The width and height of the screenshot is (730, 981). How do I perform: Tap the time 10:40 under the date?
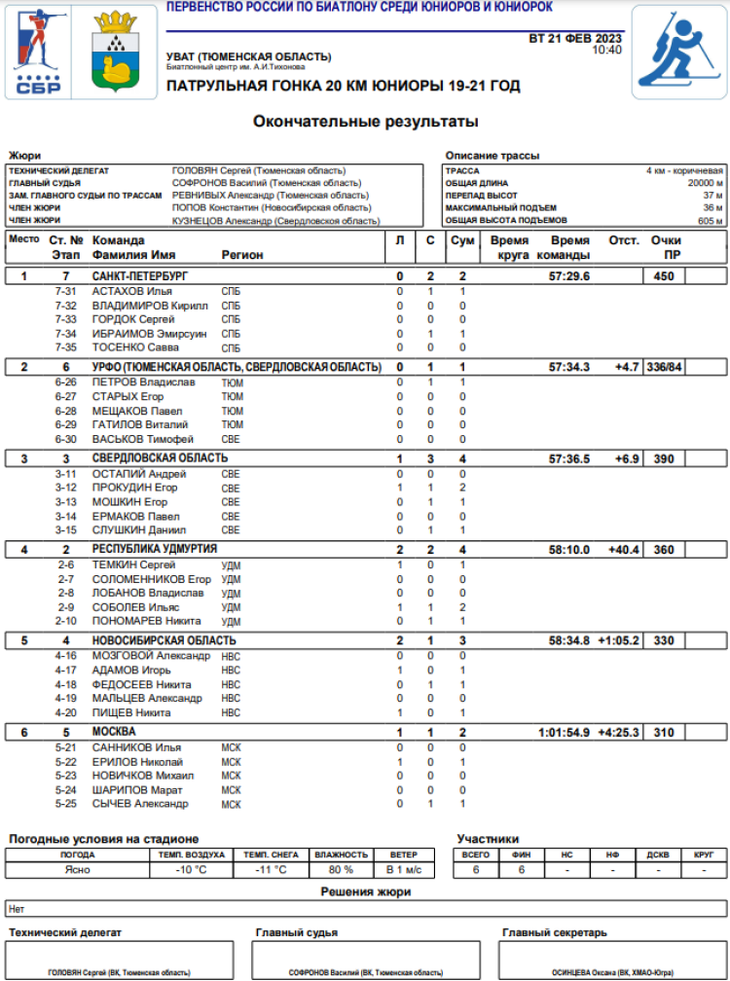tap(606, 50)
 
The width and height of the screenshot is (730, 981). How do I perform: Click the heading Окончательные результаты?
tap(365, 122)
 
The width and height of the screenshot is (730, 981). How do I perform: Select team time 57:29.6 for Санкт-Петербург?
tap(569, 276)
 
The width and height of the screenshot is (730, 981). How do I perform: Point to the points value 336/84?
tap(665, 367)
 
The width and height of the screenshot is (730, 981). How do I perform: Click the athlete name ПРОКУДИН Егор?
tap(134, 488)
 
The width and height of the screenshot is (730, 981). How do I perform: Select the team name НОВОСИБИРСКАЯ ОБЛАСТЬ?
tap(164, 640)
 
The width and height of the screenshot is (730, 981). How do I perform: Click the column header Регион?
tap(242, 255)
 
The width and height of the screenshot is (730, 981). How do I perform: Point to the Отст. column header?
tap(624, 240)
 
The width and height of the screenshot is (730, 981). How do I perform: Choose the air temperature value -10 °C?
tap(191, 869)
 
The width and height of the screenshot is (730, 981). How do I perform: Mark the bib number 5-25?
tap(65, 804)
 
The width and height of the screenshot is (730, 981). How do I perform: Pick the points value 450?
tap(664, 276)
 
